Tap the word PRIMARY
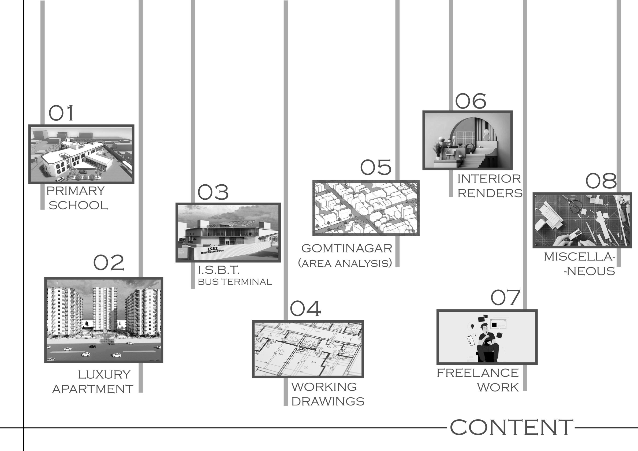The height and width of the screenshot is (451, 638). (76, 191)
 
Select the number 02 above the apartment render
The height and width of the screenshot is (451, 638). (109, 263)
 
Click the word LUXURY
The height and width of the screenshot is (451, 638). (104, 375)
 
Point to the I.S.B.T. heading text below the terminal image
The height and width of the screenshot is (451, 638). (218, 270)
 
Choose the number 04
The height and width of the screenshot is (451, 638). (305, 308)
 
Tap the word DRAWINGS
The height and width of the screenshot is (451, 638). (328, 401)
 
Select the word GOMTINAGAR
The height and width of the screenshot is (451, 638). (347, 248)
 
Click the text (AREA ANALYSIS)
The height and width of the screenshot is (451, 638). (345, 263)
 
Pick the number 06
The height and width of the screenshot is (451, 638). (471, 101)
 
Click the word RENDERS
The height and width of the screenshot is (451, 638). (490, 193)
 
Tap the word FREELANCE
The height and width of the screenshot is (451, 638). (478, 373)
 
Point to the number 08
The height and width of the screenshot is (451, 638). (601, 181)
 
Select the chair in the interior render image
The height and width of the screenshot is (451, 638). (450, 154)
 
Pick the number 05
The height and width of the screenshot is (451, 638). (376, 167)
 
